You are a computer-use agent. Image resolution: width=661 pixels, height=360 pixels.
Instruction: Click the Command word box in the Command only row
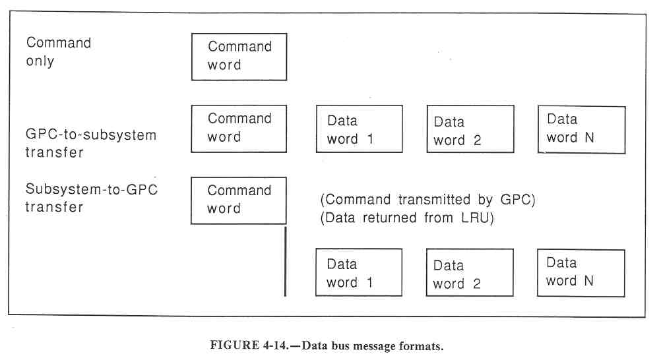click(x=239, y=57)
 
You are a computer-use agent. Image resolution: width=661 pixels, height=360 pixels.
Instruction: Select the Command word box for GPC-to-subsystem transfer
click(x=239, y=129)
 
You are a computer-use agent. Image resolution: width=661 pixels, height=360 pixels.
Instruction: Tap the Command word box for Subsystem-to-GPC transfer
click(x=239, y=200)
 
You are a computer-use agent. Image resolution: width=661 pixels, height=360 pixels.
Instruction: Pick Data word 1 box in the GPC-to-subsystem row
click(x=359, y=130)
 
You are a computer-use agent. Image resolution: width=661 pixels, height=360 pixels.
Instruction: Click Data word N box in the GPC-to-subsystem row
click(x=581, y=129)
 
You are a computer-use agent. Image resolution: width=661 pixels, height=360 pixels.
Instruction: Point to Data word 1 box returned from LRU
click(x=359, y=273)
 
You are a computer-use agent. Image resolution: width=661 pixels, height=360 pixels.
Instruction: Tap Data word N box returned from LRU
click(x=581, y=272)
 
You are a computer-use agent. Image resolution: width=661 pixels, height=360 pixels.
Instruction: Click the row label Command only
click(x=58, y=52)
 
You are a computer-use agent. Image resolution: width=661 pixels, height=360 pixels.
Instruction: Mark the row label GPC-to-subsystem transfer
click(x=91, y=143)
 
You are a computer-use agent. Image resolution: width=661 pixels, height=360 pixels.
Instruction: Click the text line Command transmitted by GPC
click(x=427, y=200)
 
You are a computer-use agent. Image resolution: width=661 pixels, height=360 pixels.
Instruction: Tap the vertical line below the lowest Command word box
click(x=285, y=260)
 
